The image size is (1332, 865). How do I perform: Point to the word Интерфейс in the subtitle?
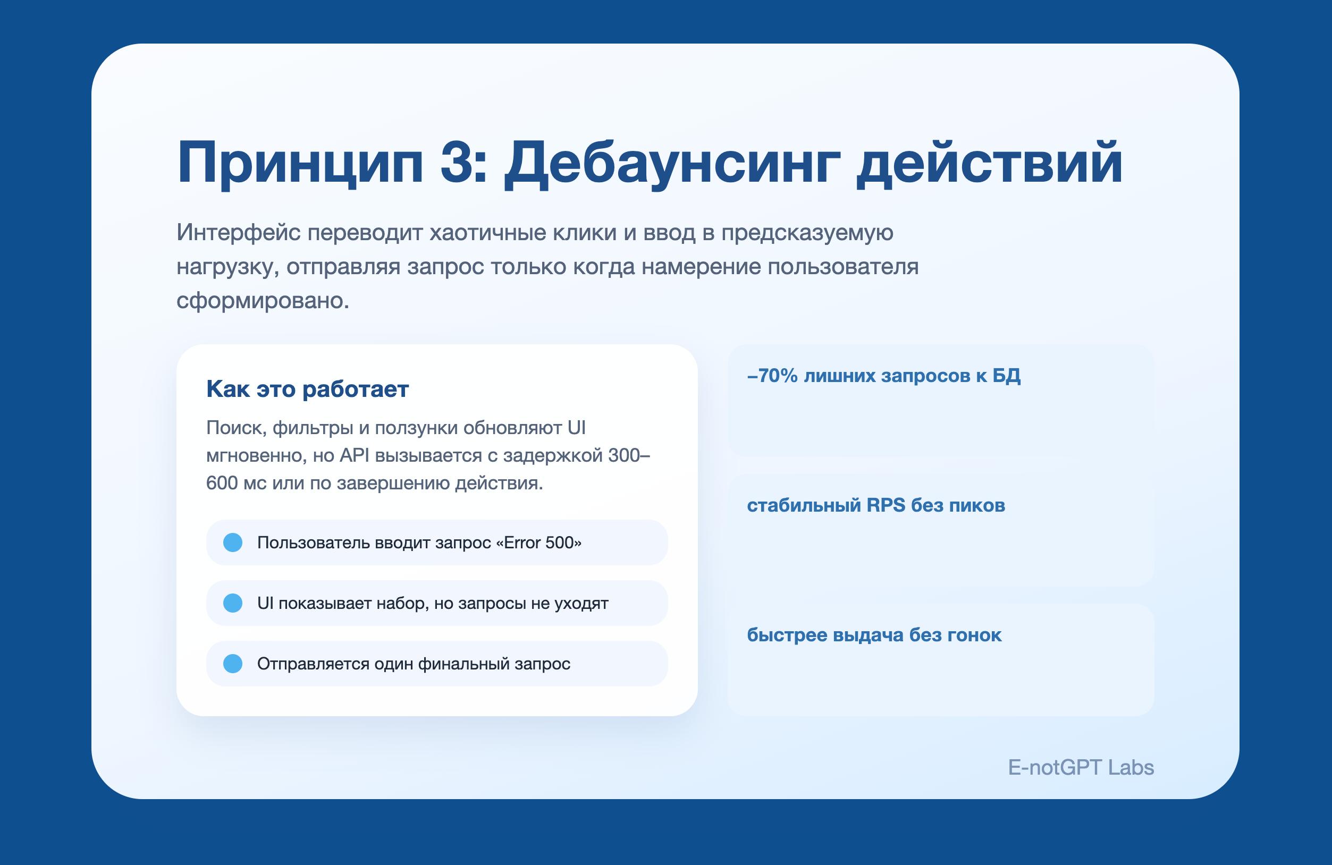point(239,233)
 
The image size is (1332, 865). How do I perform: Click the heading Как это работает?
point(307,389)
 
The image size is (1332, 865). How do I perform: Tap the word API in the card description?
point(355,455)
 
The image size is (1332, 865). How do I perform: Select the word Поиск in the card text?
point(235,428)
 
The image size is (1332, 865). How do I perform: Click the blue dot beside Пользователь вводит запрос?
point(233,542)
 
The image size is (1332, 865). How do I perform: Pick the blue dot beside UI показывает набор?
point(233,603)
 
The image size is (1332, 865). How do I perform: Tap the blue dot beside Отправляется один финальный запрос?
point(233,664)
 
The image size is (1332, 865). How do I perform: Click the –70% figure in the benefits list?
point(772,376)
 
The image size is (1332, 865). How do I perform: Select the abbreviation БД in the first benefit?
point(1006,376)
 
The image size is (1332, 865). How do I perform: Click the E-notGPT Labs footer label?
point(1081,768)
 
